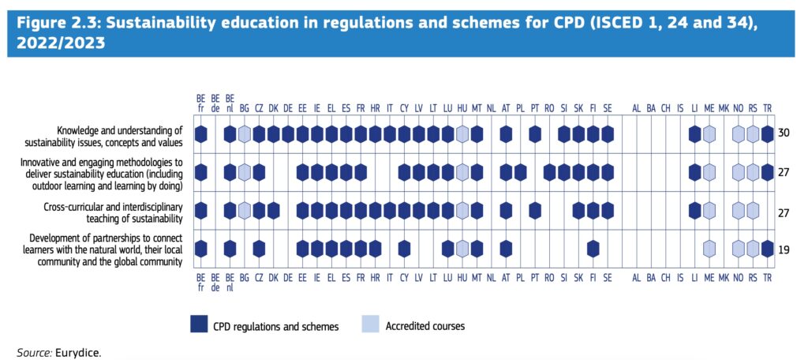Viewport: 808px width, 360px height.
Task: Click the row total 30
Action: coord(785,133)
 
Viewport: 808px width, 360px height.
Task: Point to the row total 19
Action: coord(785,249)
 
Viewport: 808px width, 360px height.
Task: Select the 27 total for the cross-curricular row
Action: coord(785,211)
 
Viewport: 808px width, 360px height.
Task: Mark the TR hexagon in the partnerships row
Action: coord(767,249)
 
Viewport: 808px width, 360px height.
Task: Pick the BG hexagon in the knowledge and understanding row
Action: coord(245,134)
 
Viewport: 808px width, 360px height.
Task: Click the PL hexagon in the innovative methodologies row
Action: coord(520,172)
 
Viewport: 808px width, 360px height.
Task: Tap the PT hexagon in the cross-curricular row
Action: coord(535,211)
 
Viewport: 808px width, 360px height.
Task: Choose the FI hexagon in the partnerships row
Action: coord(593,249)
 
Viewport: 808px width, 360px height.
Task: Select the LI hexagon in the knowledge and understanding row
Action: coord(694,134)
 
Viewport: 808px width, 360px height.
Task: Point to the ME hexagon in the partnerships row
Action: coord(709,249)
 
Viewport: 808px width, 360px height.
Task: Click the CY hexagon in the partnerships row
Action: coord(404,249)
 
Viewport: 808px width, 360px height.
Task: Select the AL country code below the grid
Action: coord(636,278)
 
